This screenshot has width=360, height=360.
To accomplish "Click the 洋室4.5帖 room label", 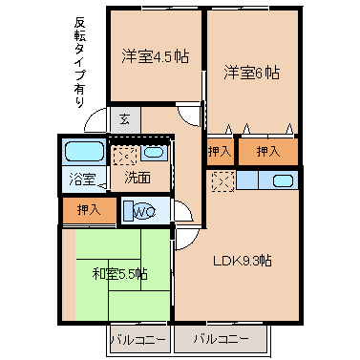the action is tap(155, 56).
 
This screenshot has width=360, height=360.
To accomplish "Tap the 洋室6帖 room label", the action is tap(252, 73).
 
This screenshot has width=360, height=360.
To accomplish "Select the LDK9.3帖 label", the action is tap(243, 262).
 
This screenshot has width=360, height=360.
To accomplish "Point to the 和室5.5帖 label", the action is tap(120, 274).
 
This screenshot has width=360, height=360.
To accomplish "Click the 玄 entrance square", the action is tap(125, 119).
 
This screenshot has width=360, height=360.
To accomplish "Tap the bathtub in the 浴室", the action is tap(85, 152).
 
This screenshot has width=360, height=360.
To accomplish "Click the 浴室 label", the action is tap(82, 180).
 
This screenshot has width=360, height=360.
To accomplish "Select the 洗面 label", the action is tap(138, 178).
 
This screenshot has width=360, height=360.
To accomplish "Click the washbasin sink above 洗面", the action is tap(154, 153).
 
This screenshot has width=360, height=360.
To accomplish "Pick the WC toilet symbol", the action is tap(140, 210).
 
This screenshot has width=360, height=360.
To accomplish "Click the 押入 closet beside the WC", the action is tap(90, 210).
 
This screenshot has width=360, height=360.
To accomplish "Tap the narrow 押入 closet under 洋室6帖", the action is tap(220, 152).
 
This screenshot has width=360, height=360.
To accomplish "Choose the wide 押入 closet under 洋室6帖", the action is tap(268, 152).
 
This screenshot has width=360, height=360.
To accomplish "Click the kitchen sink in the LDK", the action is tap(284, 180).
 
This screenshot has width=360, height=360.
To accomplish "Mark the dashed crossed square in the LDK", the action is tap(223, 181).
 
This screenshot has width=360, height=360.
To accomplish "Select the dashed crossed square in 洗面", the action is tap(125, 156).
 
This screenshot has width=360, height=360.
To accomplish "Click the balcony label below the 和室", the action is tap(138, 340).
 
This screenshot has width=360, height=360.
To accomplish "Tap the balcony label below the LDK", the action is tap(222, 339).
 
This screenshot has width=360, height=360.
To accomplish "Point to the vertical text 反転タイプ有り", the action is tap(80, 62).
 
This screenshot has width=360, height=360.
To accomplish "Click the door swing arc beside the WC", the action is tap(185, 210).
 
